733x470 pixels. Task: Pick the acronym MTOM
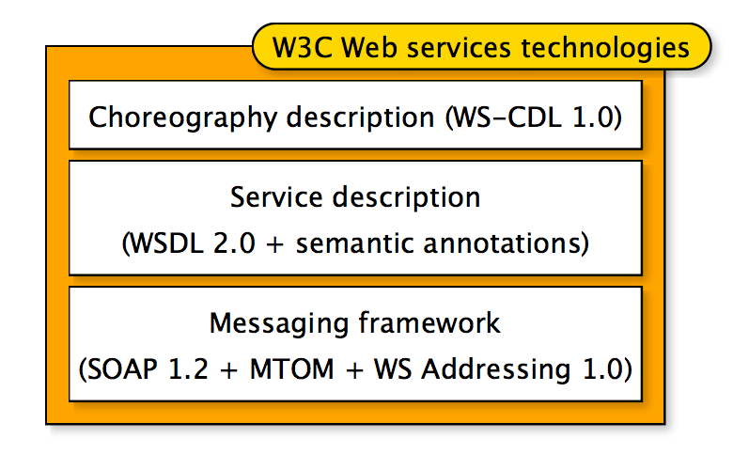[290, 368]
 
